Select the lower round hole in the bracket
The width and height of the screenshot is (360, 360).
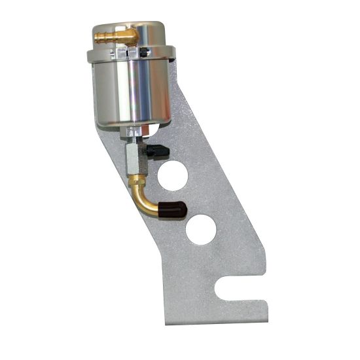(200, 230)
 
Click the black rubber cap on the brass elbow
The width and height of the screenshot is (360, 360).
(175, 210)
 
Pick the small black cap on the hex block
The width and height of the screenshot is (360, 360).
(158, 151)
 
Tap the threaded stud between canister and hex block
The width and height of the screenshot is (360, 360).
(134, 140)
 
